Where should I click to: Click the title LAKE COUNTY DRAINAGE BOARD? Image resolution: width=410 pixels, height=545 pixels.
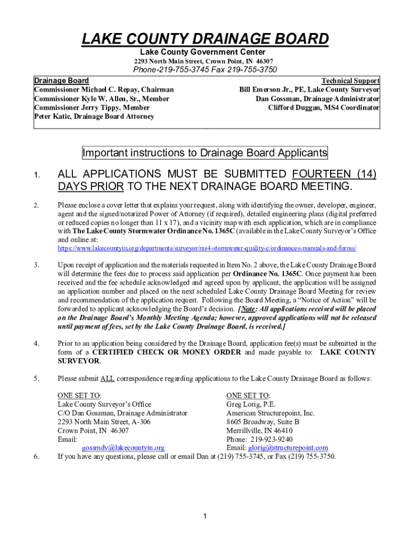(205, 39)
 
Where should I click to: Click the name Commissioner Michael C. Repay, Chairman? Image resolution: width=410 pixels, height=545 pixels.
(104, 90)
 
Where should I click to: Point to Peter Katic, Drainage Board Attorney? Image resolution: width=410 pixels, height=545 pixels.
(94, 116)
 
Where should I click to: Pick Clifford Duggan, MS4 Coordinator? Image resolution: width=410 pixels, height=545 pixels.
(324, 108)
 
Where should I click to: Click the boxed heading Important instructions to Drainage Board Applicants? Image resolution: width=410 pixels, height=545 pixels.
(205, 153)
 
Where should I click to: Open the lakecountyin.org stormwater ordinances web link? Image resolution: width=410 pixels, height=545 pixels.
(207, 249)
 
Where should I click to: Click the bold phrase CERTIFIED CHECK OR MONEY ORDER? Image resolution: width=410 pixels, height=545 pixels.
(167, 352)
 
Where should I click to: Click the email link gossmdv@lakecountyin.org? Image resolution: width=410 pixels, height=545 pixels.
(123, 448)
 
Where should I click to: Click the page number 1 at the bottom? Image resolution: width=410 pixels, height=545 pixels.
(205, 516)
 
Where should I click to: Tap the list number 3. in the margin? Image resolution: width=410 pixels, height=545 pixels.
(36, 265)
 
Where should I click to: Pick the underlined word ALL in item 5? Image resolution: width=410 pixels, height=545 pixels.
(108, 379)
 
